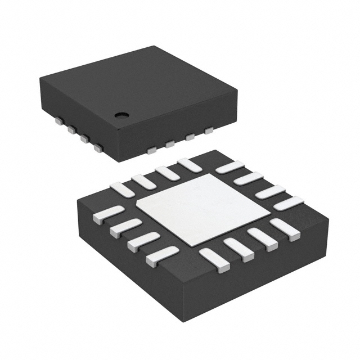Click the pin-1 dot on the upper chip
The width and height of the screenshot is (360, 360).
[121, 115]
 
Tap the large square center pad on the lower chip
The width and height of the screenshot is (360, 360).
[203, 209]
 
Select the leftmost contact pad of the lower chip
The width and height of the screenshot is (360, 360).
[107, 214]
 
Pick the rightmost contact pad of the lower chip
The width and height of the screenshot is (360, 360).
[289, 203]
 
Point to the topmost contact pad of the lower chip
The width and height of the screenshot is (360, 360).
[189, 165]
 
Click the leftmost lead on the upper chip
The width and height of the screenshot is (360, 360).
[58, 120]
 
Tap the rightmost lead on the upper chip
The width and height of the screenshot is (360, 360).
[209, 131]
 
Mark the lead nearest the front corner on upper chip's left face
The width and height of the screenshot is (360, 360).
[98, 148]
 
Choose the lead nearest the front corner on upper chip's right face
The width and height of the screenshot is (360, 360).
[151, 150]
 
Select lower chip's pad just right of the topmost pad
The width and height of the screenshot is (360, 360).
[229, 167]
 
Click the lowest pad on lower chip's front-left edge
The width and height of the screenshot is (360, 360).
[162, 256]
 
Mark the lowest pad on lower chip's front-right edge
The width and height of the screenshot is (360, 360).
[214, 260]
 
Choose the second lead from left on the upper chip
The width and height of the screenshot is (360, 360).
[71, 129]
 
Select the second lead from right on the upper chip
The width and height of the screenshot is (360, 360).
[190, 137]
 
